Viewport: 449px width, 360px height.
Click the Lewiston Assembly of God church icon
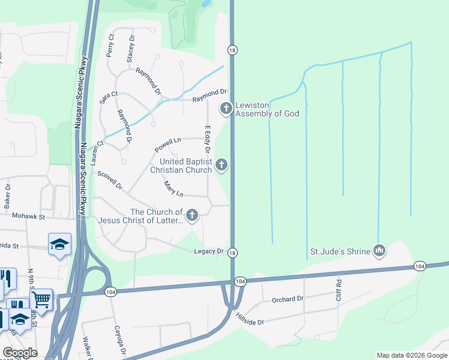[226, 109]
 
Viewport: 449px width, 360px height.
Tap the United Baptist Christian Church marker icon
[221, 164]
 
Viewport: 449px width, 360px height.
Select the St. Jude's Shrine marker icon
[379, 250]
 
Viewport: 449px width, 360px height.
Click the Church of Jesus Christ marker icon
[192, 215]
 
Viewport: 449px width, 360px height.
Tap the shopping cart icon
[41, 298]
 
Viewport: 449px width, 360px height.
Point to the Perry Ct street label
[110, 45]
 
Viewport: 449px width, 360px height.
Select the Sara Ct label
[109, 98]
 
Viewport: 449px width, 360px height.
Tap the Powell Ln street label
[167, 145]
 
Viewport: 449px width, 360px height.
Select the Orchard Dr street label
[288, 299]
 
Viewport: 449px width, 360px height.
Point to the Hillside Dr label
[249, 319]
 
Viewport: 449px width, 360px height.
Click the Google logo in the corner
[19, 353]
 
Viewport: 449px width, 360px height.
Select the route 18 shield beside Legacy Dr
[232, 253]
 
